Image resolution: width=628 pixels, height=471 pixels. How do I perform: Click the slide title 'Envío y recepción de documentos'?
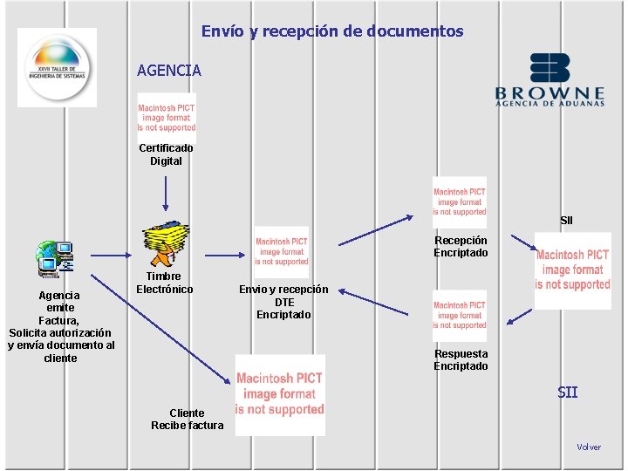[x=332, y=31]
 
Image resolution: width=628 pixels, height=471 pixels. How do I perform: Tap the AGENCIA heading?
[x=168, y=70]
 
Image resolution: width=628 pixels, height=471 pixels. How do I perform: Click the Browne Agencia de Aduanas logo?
[x=549, y=80]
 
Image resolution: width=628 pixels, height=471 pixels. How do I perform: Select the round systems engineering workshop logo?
[x=58, y=68]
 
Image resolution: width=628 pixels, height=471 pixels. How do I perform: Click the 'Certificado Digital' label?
[x=166, y=154]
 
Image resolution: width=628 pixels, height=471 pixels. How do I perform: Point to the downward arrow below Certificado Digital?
[x=166, y=191]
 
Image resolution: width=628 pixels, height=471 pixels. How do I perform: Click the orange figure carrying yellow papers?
[x=167, y=243]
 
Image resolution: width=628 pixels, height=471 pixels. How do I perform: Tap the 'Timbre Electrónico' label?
[x=165, y=283]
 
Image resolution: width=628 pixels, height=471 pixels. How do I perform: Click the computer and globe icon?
[x=55, y=257]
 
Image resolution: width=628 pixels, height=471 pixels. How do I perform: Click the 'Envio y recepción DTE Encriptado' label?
[x=283, y=302]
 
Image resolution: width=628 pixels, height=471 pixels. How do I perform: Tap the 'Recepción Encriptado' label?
[x=461, y=247]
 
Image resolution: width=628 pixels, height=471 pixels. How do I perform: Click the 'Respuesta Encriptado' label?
[x=461, y=360]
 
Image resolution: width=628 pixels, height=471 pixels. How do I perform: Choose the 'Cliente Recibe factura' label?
[x=187, y=419]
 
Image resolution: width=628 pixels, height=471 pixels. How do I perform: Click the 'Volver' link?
[x=589, y=447]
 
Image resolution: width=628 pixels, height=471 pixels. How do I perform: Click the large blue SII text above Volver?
[x=567, y=392]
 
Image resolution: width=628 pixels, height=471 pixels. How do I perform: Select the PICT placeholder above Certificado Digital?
[x=167, y=118]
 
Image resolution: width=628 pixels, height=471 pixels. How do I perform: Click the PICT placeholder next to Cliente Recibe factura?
[x=280, y=394]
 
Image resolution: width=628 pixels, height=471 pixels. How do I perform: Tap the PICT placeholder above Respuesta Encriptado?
[x=460, y=315]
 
